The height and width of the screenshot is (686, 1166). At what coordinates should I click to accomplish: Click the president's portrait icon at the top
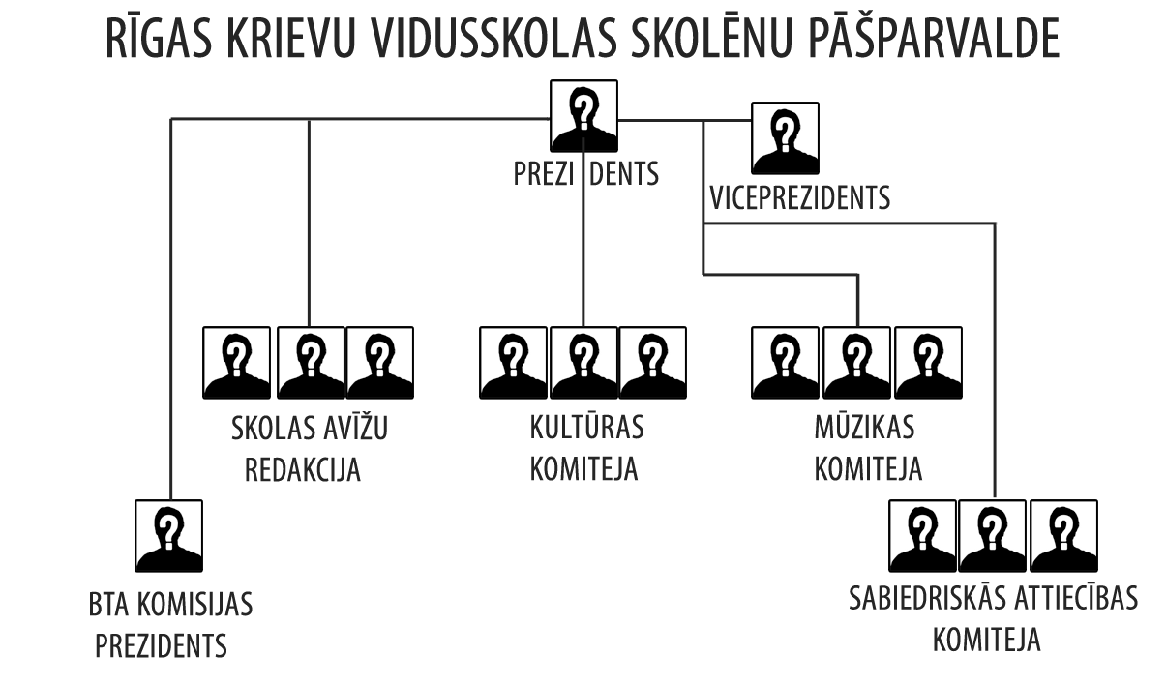583,115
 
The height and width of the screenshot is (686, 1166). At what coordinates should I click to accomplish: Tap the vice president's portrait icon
785,138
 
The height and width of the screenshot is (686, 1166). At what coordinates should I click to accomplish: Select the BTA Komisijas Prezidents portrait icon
168,536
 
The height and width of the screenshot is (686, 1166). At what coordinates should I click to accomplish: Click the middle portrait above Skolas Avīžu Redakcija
311,363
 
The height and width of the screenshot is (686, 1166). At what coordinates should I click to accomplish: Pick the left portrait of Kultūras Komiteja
513,363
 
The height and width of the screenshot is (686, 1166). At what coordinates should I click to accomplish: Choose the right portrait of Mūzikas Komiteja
928,363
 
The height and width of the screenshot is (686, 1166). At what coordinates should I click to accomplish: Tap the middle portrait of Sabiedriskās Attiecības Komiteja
992,536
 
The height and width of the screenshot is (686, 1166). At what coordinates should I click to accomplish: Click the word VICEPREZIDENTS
800,197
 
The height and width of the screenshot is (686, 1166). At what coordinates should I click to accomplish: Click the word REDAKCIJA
303,470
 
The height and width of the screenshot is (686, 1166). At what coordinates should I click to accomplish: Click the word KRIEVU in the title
291,39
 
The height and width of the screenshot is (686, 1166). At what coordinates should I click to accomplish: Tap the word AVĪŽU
356,427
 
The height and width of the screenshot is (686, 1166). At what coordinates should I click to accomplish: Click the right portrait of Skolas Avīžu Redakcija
380,363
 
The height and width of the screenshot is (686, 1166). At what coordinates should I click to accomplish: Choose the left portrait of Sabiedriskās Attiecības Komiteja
922,536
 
